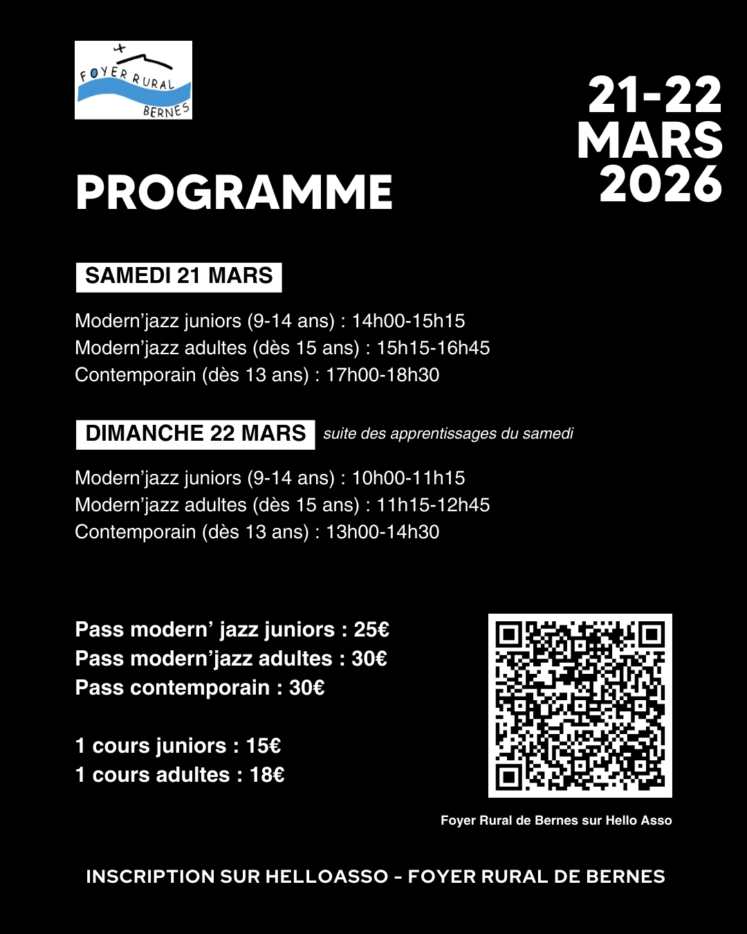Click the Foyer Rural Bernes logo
click(x=133, y=80)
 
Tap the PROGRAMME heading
click(x=234, y=192)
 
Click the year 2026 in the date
click(x=661, y=185)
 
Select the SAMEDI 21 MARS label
click(x=178, y=276)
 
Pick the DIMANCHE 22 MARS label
click(x=195, y=434)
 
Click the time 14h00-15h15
click(x=408, y=321)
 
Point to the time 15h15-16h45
click(x=433, y=348)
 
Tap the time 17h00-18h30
click(x=382, y=375)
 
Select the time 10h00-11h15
click(x=408, y=478)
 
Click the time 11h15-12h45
click(x=433, y=505)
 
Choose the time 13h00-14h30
click(x=382, y=532)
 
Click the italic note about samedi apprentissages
click(x=448, y=434)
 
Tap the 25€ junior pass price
click(x=371, y=630)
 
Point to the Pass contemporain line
click(x=199, y=688)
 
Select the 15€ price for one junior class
click(x=264, y=746)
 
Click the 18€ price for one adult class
click(x=267, y=775)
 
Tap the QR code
click(x=580, y=705)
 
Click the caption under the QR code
click(x=556, y=821)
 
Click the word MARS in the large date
click(x=649, y=140)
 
